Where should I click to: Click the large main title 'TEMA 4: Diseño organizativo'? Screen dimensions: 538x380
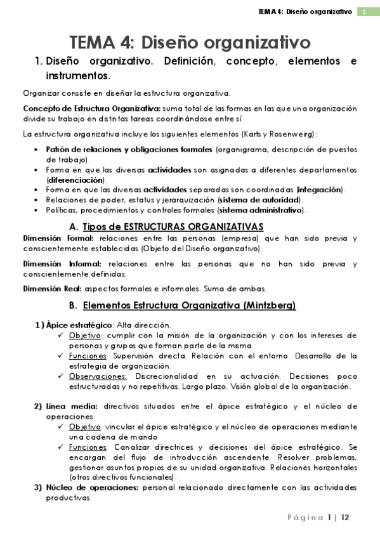tap(190, 43)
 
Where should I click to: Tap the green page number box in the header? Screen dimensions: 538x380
tap(364, 12)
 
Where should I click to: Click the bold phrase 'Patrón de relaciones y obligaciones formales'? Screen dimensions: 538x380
tap(129, 150)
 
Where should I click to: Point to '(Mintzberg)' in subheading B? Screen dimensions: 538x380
tap(270, 306)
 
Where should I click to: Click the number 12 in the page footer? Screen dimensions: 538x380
tap(345, 518)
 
